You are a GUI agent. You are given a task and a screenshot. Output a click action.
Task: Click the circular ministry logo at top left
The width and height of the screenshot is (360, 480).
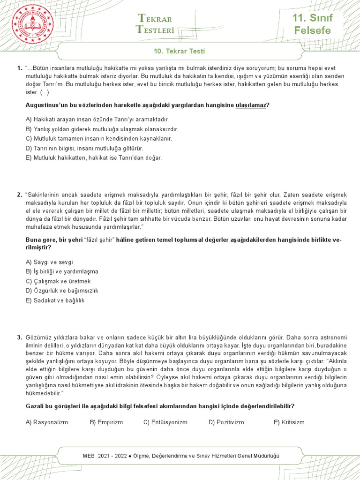(32, 27)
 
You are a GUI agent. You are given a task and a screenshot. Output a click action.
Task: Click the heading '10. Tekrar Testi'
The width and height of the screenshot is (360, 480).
(180, 51)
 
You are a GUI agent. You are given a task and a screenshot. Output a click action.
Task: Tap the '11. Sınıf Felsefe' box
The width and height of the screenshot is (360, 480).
(312, 25)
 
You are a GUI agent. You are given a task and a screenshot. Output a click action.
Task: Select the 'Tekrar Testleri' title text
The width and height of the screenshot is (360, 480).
(155, 24)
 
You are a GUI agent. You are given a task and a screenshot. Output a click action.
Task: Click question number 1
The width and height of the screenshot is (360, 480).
(19, 68)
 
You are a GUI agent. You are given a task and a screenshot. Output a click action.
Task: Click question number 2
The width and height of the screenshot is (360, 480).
(19, 195)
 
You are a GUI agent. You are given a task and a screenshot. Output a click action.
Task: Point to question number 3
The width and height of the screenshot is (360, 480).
(19, 337)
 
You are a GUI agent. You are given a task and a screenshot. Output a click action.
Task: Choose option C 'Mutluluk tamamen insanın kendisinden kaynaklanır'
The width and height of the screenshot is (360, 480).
(99, 139)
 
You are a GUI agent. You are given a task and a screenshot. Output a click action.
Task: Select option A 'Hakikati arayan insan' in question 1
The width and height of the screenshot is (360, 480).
(97, 120)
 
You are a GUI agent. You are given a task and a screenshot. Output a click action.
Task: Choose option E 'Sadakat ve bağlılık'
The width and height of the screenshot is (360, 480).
(55, 300)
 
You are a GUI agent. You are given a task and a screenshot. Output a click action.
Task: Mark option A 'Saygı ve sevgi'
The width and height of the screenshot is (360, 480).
(49, 262)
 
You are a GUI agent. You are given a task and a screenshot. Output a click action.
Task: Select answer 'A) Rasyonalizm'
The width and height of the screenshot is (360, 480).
(47, 422)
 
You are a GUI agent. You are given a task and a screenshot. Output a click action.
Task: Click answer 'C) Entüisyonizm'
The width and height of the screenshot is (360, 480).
(165, 422)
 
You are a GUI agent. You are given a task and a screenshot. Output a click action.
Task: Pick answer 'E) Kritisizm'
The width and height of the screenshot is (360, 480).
(289, 422)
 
